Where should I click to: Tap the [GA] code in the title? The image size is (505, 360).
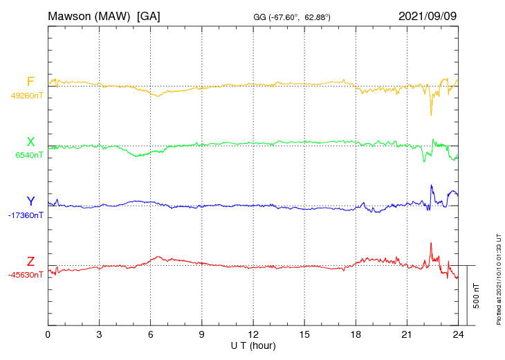149,15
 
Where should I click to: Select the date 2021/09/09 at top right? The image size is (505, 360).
428,15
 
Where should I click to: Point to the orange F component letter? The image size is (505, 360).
30,82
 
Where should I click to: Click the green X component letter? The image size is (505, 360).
30,142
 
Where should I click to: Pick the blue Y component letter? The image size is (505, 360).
30,201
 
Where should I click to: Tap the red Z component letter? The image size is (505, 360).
30,262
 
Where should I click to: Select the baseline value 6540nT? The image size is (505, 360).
29,155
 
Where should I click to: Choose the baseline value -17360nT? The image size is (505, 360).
26,215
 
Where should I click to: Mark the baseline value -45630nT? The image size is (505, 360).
26,275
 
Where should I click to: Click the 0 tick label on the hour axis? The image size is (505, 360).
48,334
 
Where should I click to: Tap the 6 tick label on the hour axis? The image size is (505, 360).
150,334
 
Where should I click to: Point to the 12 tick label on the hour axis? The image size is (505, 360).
253,334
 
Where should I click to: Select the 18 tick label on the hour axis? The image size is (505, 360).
356,334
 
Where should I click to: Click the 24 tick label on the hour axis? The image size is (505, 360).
458,334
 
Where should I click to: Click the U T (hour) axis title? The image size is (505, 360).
253,345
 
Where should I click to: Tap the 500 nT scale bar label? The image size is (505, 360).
477,296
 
